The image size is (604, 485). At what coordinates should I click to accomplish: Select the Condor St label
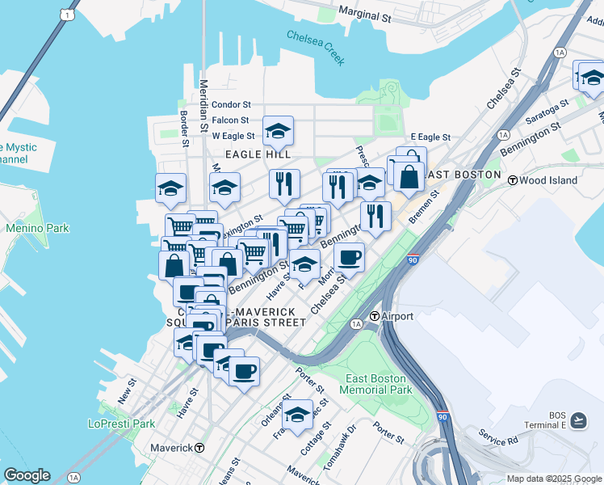(232, 105)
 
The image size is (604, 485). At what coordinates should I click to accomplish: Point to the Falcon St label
(231, 120)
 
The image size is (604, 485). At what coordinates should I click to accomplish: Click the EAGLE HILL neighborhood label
(258, 154)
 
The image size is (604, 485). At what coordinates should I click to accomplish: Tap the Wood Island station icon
(512, 180)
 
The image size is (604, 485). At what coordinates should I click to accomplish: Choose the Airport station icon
(375, 316)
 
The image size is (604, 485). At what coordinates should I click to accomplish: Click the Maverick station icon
(199, 448)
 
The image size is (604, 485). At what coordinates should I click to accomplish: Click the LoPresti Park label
(121, 424)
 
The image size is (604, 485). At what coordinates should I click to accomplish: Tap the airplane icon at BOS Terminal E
(578, 420)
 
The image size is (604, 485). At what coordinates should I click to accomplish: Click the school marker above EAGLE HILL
(278, 130)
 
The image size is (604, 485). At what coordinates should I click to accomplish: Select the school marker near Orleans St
(297, 414)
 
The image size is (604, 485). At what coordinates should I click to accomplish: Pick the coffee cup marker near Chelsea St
(349, 257)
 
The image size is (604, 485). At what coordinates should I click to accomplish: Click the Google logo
(27, 475)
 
